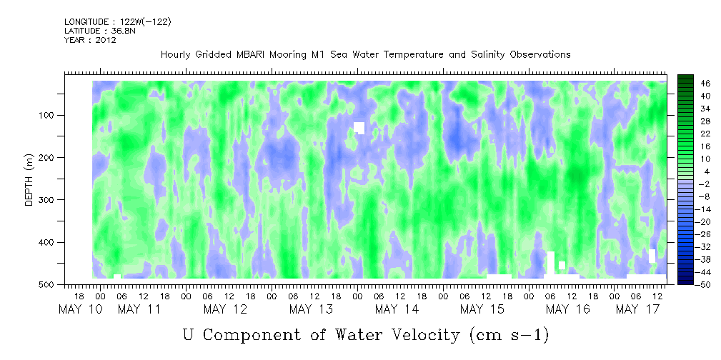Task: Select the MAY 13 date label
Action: point(311,309)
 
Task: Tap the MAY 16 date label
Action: point(568,309)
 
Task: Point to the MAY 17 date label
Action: point(637,309)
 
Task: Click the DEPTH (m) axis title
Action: point(29,182)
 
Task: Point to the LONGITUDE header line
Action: point(118,22)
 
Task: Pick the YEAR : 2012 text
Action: point(90,40)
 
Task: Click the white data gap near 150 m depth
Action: point(359,128)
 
